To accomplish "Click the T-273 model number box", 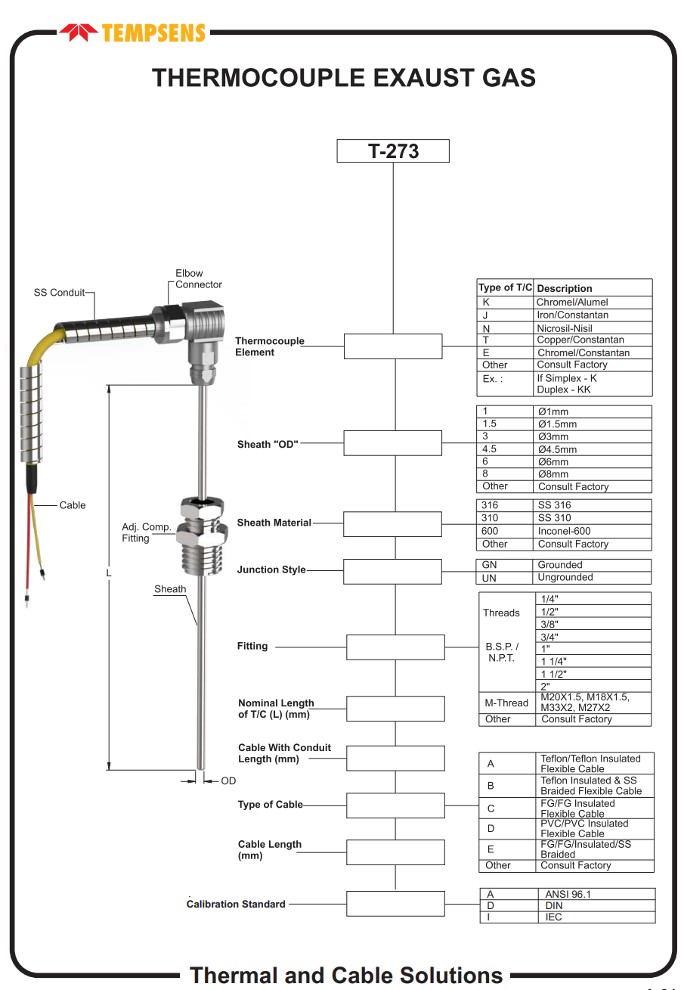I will (393, 151).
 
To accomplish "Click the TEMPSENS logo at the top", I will (132, 33).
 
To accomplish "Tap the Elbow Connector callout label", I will (198, 279).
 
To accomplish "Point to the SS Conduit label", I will (59, 293).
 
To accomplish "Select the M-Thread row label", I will (506, 703).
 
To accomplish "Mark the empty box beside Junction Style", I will (392, 571).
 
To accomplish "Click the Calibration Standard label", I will (236, 904).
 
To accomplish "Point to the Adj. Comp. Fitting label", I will (146, 532).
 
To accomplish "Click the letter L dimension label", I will (109, 573).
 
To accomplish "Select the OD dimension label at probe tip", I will (228, 781).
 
